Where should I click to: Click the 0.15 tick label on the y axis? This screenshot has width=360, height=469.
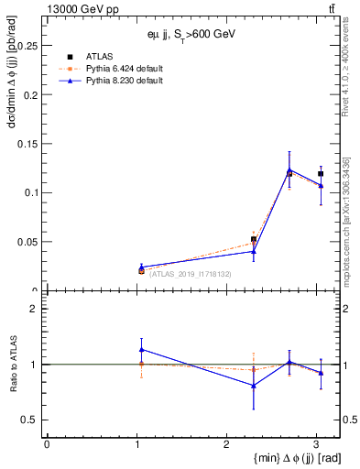pyautogui.click(x=29, y=144)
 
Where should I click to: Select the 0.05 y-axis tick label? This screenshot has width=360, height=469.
pyautogui.click(x=29, y=242)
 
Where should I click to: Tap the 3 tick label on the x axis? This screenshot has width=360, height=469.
pyautogui.click(x=315, y=444)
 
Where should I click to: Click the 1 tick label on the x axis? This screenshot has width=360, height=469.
pyautogui.click(x=136, y=444)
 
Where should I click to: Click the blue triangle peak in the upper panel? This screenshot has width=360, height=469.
pyautogui.click(x=289, y=169)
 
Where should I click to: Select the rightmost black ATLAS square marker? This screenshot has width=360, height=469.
pyautogui.click(x=321, y=173)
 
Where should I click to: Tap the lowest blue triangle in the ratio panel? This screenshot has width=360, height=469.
pyautogui.click(x=254, y=386)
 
